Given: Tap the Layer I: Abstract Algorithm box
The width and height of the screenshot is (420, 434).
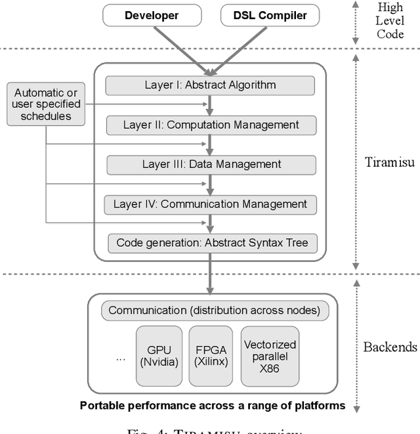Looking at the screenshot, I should pos(210,85).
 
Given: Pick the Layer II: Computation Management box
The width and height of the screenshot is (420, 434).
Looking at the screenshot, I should pos(211,125).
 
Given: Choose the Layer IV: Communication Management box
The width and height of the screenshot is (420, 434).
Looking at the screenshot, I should pos(210,204).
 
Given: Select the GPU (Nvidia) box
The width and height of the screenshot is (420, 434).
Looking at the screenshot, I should pos(157,355).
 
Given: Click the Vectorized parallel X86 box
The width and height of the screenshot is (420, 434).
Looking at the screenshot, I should pos(270,355).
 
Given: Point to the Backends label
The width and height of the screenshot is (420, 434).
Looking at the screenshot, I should pos(390,347).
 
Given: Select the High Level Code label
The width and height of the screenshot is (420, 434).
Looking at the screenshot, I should pos(390,20).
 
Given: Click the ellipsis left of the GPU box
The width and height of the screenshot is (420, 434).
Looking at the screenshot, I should pos(120,359).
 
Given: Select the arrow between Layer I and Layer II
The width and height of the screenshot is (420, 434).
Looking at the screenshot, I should pos(210,105).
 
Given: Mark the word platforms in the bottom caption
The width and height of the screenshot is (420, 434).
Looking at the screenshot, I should pos(321,405).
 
